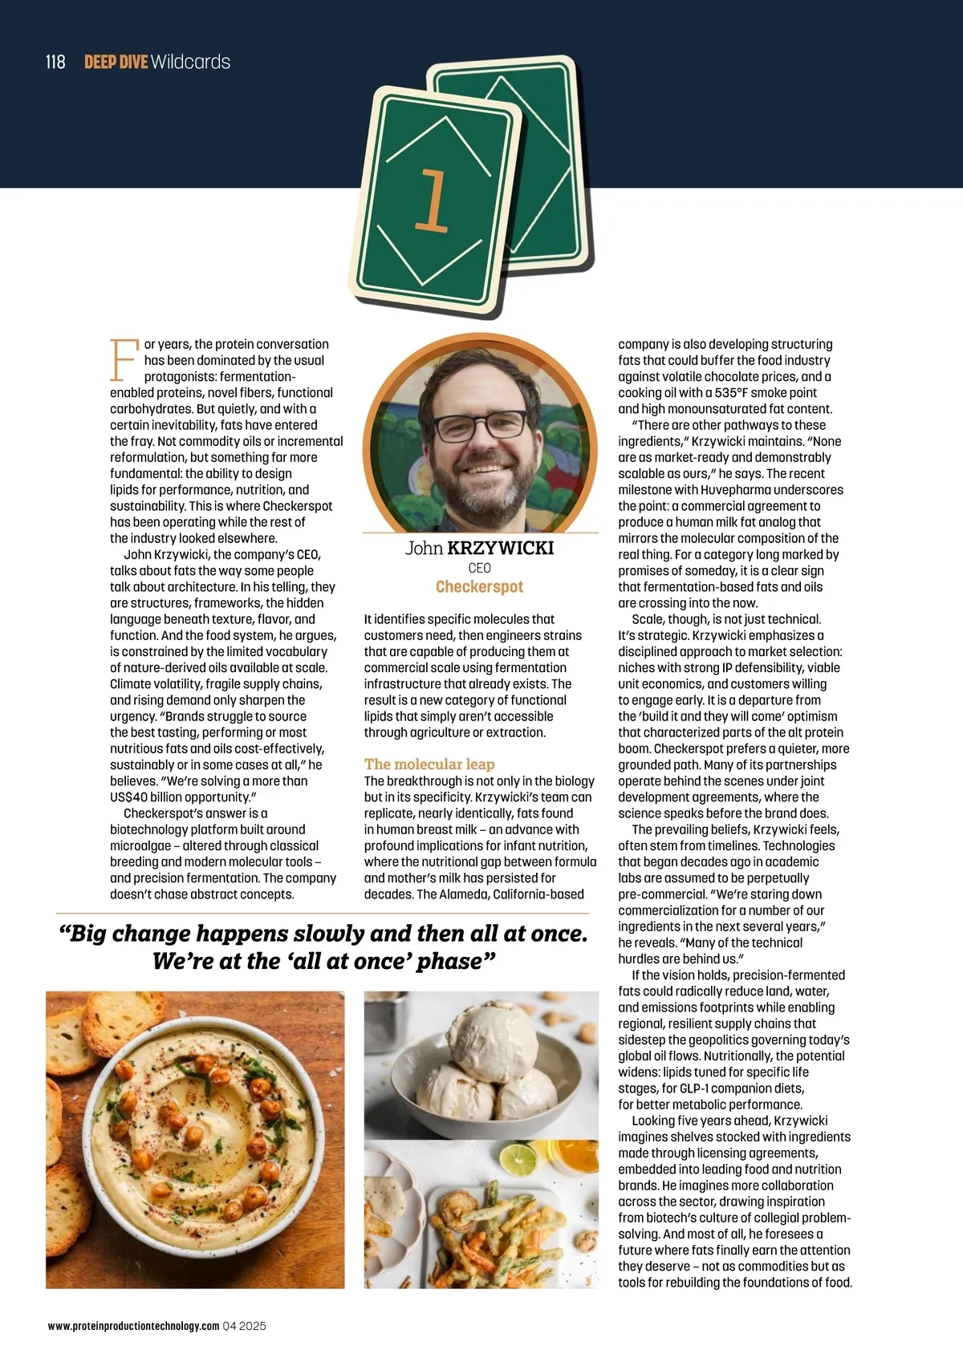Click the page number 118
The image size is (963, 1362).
pos(55,62)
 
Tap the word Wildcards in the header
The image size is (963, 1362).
pos(190,62)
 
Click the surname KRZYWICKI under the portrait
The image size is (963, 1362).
pos(500,548)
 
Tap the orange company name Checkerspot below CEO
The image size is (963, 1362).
pos(479,586)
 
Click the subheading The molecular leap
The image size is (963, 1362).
pos(429,764)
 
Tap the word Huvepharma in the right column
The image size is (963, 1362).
pos(738,490)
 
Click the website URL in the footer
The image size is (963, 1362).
pos(133,1326)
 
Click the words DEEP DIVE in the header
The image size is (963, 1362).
pos(116,62)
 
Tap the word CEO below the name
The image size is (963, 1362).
pos(479,568)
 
